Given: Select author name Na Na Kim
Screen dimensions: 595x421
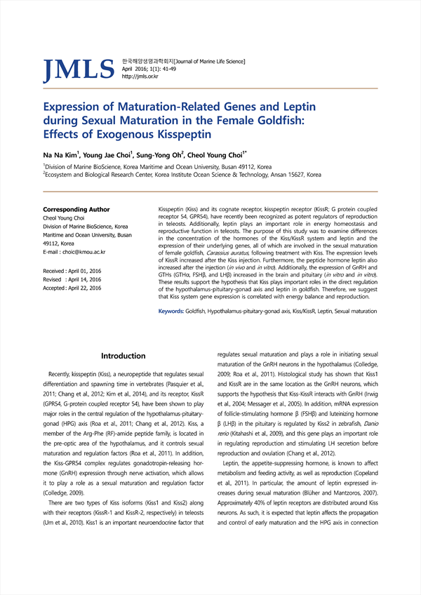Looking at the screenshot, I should tap(60, 154).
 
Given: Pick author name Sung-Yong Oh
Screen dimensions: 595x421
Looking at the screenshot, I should tap(161, 154).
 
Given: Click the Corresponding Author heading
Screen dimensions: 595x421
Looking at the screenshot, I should tap(76, 209).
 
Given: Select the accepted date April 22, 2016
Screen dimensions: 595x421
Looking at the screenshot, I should tap(84, 288).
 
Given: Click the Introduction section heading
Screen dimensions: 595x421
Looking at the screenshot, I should tap(123, 356).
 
